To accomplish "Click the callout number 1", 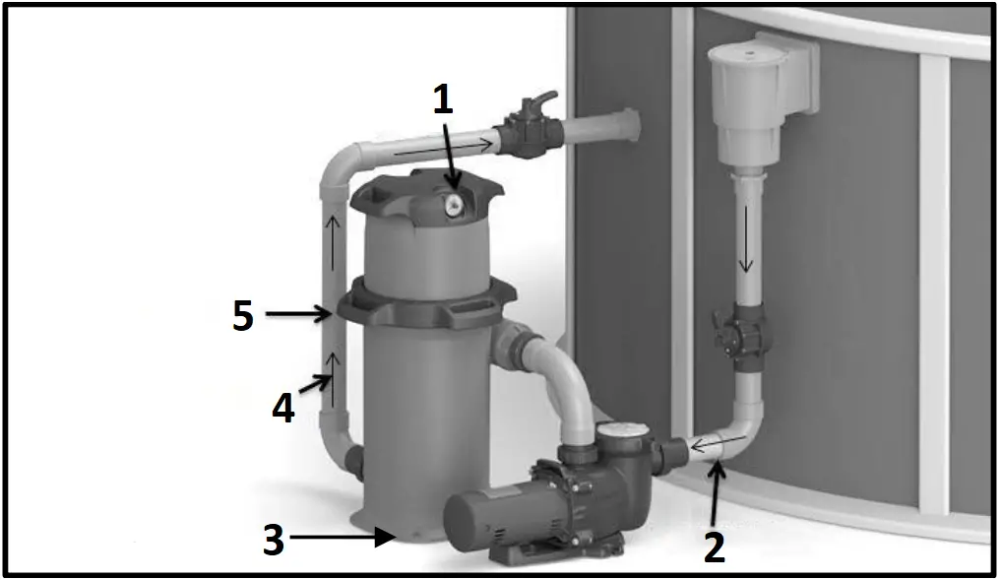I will click(x=444, y=99).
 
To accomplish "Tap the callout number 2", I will click(x=716, y=545).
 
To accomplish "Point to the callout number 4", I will click(x=283, y=407).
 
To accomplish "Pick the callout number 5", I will click(x=242, y=316).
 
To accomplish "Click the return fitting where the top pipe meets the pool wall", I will click(x=616, y=125).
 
